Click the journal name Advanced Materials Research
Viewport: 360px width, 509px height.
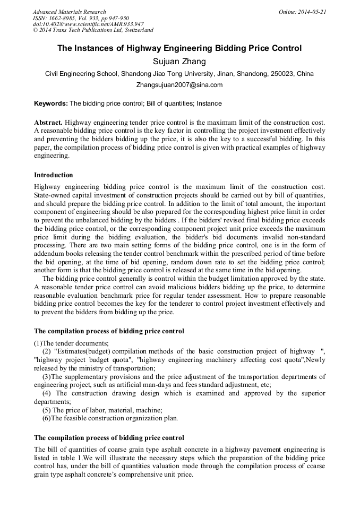[69, 12]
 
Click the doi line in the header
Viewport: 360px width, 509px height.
[88, 24]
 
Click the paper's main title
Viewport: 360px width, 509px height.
[179, 48]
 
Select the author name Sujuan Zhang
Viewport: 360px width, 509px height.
[179, 62]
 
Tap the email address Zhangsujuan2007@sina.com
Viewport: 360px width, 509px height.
[179, 84]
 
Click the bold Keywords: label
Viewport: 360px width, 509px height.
[51, 103]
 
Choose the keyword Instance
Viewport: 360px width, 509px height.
[209, 103]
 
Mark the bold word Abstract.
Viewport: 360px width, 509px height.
[48, 122]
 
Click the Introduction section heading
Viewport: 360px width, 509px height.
[54, 175]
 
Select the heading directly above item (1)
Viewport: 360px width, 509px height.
[109, 331]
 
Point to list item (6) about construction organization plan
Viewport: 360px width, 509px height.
[110, 418]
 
